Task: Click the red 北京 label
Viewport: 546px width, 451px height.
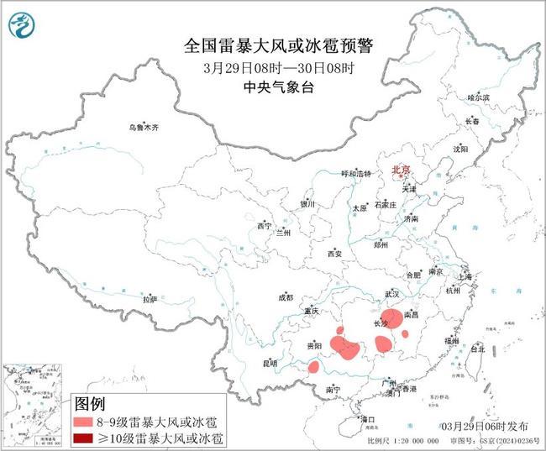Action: tap(401, 170)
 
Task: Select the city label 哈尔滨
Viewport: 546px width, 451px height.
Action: tap(477, 98)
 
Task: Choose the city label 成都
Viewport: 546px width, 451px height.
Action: tap(285, 297)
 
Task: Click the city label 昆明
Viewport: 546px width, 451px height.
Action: tap(270, 363)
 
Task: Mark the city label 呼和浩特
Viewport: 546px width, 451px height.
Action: tap(355, 174)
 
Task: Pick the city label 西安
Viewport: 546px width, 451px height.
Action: tap(335, 253)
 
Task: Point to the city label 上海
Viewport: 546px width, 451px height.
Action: tap(467, 275)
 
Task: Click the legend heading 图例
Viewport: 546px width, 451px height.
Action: tap(91, 403)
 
